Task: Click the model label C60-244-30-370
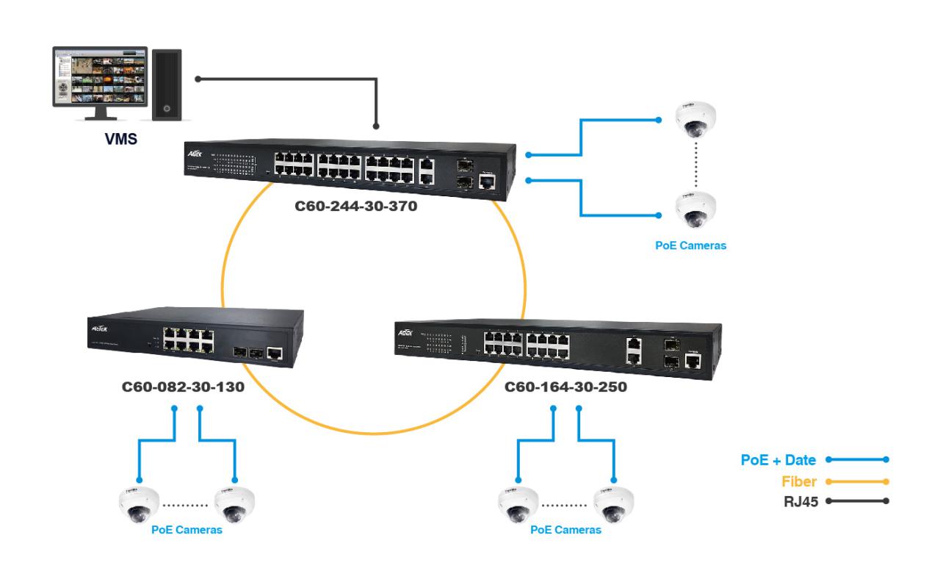tap(355, 208)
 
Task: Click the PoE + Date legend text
tap(778, 460)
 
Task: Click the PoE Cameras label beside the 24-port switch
tap(690, 245)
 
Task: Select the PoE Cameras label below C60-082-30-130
tap(187, 529)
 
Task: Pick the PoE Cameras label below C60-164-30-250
tap(565, 529)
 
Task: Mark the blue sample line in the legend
tap(857, 460)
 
